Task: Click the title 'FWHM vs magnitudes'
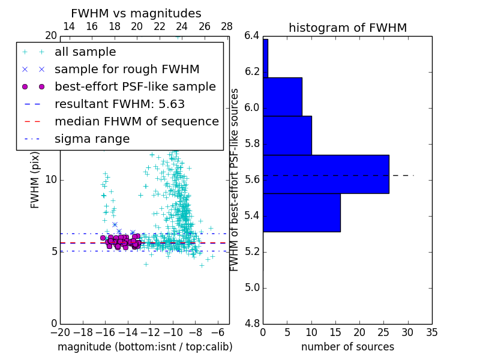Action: point(136,14)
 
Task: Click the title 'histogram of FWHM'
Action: point(347,28)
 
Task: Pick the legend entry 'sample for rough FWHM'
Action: point(127,70)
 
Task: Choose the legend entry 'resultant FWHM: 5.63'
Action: point(119,104)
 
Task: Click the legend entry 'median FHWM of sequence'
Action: point(137,122)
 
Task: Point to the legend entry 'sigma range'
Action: point(92,139)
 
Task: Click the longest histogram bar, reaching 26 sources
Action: point(326,174)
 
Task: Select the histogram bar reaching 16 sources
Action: point(301,212)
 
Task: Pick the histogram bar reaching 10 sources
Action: point(287,135)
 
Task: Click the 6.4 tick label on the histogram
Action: point(252,36)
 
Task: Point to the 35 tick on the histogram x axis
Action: point(431,332)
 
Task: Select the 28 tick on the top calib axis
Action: point(227,26)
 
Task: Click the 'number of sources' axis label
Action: point(347,347)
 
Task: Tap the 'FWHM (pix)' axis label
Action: point(35,180)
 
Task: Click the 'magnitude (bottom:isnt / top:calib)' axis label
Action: point(145,347)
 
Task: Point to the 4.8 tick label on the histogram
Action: point(252,323)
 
